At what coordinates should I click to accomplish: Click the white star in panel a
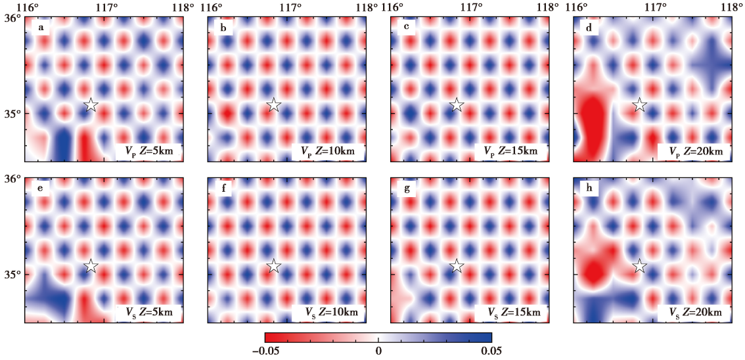point(91,104)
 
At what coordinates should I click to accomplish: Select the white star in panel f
point(274,266)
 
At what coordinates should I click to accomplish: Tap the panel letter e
point(41,189)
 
